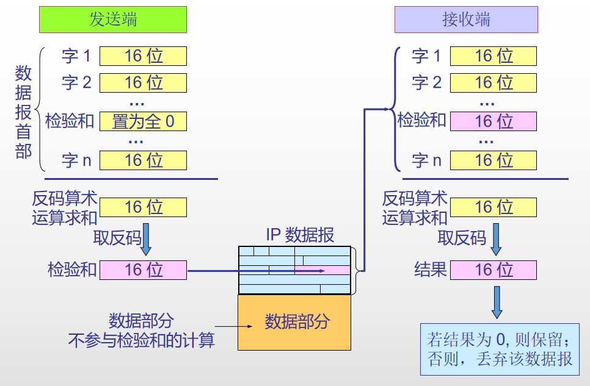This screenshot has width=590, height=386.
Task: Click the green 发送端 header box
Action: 113,19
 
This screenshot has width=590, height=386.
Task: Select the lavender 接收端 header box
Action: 466,19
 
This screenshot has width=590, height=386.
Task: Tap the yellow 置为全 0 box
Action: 143,121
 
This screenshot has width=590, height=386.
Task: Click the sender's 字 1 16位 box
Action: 143,56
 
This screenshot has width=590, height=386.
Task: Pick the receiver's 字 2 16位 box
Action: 493,82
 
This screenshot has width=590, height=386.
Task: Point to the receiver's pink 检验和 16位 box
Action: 493,121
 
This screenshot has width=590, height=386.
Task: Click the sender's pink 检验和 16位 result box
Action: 143,270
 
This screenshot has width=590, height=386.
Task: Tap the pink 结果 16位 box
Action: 493,270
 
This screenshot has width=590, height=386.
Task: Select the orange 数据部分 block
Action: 294,322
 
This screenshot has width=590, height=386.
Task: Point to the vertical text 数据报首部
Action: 23,113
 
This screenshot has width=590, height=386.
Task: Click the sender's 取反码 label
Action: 117,237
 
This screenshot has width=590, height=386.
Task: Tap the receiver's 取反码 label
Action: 462,237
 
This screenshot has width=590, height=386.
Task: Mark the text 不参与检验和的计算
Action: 141,340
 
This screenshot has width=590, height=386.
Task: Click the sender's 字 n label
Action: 76,160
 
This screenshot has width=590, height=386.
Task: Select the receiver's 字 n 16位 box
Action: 493,160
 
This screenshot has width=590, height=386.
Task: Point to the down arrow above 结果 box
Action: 496,240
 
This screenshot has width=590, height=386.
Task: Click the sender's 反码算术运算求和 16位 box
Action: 143,207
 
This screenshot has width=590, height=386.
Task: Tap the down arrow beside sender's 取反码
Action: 147,240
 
